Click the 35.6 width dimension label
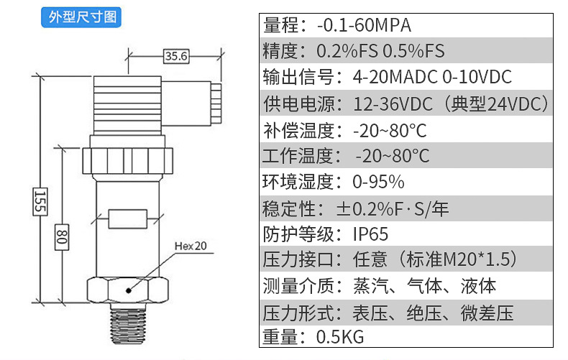tap(176, 56)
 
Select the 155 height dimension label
tap(40, 202)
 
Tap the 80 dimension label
tap(62, 237)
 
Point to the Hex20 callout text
tap(191, 246)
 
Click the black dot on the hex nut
tap(128, 290)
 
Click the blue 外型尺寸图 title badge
tap(81, 17)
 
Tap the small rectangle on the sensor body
tap(128, 218)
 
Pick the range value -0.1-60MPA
tap(364, 25)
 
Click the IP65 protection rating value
tap(370, 234)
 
